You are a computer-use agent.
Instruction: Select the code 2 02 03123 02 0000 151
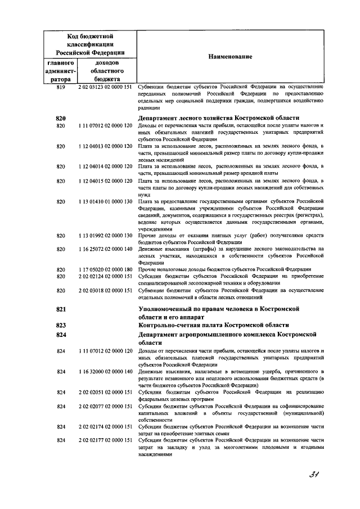[x=105, y=87]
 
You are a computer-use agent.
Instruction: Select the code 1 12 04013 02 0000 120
[x=105, y=146]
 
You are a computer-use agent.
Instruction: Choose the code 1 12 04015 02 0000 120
[x=105, y=181]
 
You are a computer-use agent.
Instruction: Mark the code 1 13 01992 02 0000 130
[x=105, y=235]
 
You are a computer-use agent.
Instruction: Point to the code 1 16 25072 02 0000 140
[x=105, y=249]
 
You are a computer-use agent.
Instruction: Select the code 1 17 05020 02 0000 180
[x=105, y=269]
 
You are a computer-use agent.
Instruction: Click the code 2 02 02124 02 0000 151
[x=105, y=276]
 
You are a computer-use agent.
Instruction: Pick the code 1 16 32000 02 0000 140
[x=105, y=372]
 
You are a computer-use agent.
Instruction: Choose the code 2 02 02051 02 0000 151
[x=105, y=392]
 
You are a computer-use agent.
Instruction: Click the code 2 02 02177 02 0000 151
[x=105, y=439]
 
